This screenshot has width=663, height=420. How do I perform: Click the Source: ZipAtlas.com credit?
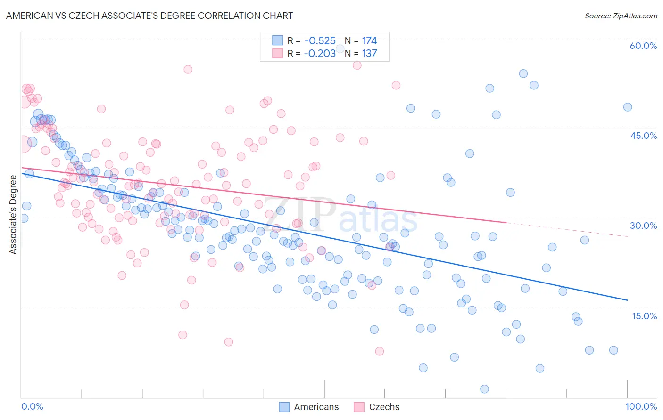point(621,16)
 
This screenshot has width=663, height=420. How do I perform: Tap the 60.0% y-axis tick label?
point(643,46)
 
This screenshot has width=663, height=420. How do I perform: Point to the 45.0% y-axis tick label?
point(643,136)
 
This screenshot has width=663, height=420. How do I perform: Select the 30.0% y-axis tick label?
point(643,226)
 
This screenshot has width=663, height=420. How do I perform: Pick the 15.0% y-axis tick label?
point(644,315)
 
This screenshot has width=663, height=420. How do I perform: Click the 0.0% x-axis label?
point(32,406)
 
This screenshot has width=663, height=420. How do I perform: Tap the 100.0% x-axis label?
point(641,406)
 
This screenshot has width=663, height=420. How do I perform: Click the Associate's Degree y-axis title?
point(13,214)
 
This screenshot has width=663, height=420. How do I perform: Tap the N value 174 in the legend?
point(369,41)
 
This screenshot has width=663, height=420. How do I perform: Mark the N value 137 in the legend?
point(369,54)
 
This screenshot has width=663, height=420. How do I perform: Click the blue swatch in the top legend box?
point(277,41)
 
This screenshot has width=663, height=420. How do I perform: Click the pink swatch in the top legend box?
point(277,54)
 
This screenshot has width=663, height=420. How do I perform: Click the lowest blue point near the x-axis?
point(484,389)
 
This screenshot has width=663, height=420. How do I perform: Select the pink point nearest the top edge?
point(357,65)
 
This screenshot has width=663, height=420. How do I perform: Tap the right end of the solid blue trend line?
point(627,300)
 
